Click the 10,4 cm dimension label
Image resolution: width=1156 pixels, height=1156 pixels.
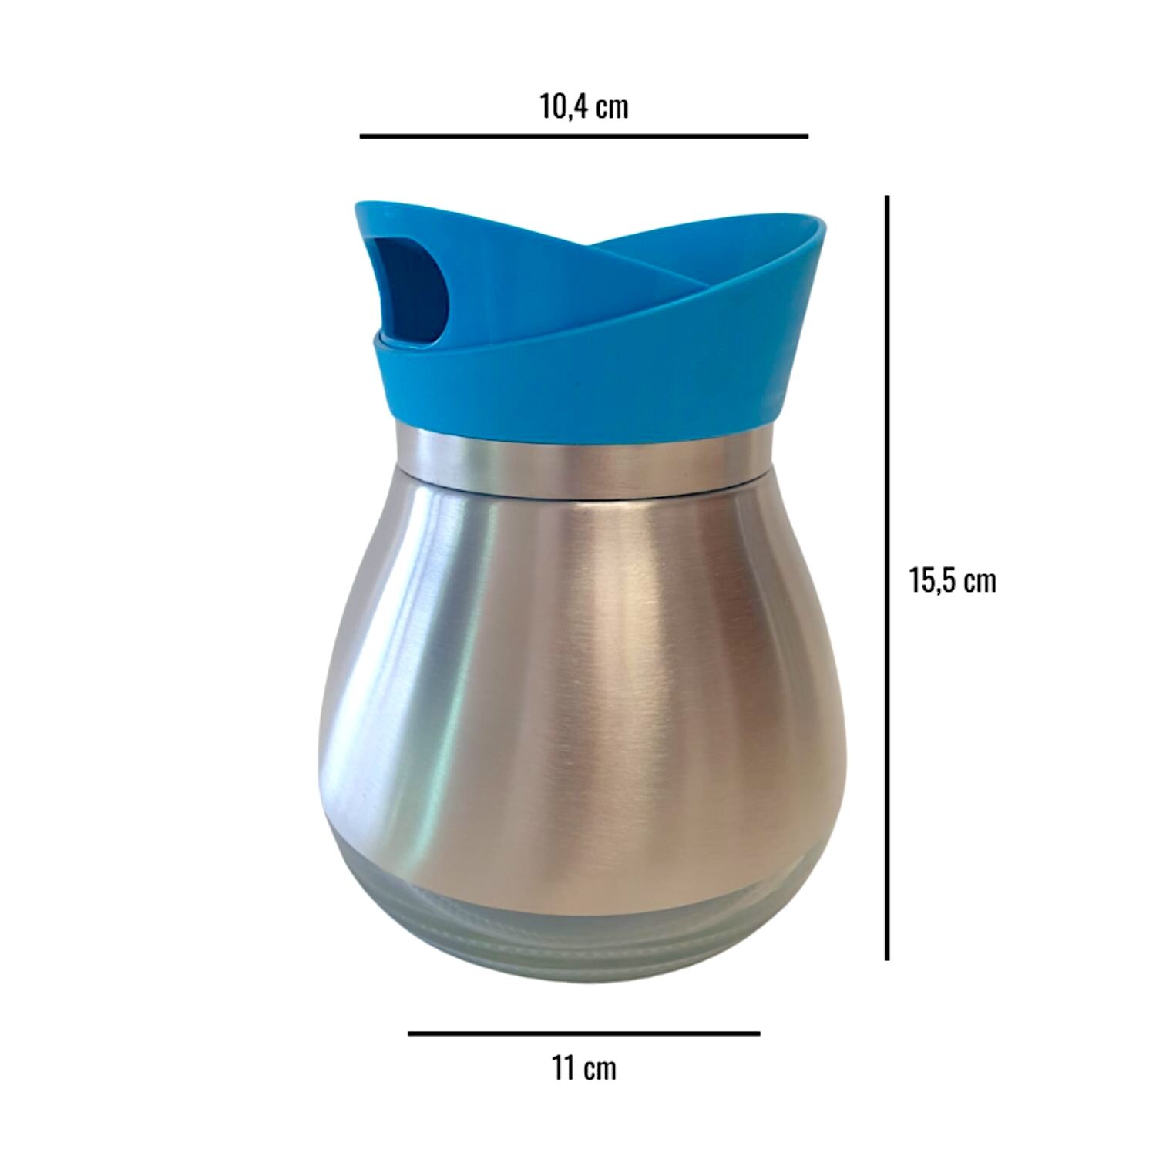tap(583, 107)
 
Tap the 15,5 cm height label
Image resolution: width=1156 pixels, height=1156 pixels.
tap(953, 580)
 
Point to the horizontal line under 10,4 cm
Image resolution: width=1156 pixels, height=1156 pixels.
tap(583, 136)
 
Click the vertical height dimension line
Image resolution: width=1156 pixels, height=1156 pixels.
tap(887, 578)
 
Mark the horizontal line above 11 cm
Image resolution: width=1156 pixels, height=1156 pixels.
tap(583, 1033)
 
